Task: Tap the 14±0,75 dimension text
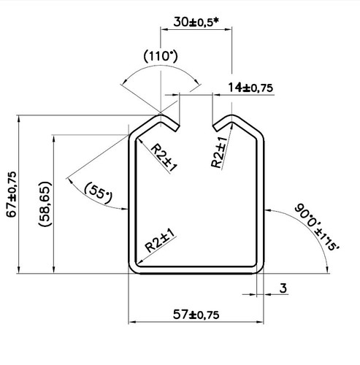pos(250,88)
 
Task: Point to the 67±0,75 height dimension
pos(10,193)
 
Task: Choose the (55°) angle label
pos(98,192)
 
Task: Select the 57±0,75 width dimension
pos(196,315)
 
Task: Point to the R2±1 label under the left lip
pos(165,157)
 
